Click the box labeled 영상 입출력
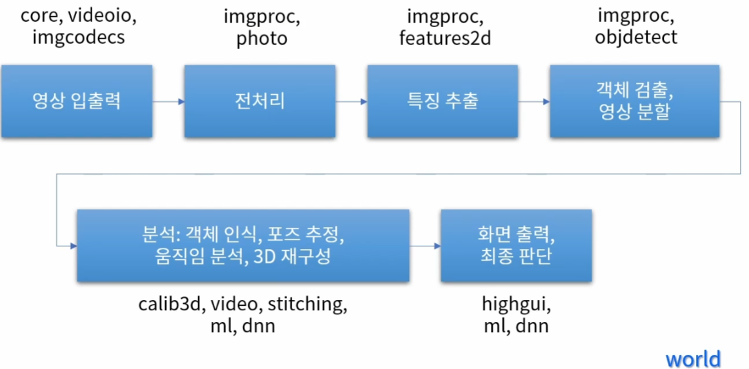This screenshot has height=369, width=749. click(x=77, y=101)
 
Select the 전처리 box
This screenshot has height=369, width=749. click(x=259, y=101)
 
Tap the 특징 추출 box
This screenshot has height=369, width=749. click(x=443, y=101)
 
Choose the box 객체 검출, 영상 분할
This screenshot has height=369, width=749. click(x=635, y=101)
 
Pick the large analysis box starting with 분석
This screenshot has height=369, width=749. click(x=243, y=245)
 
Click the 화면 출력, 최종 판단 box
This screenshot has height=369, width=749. click(x=516, y=245)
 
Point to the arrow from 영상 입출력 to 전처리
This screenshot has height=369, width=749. click(x=168, y=101)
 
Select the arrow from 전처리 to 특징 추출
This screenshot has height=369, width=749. click(x=351, y=101)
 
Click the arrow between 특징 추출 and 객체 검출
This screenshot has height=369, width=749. click(x=534, y=101)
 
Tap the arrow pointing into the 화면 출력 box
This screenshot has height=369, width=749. click(x=425, y=246)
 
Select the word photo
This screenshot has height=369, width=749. click(x=261, y=39)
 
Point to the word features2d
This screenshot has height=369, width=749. click(x=445, y=38)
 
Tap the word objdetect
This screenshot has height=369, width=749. click(x=636, y=37)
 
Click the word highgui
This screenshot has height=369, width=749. click(x=516, y=304)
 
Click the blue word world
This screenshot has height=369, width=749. click(x=693, y=358)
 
